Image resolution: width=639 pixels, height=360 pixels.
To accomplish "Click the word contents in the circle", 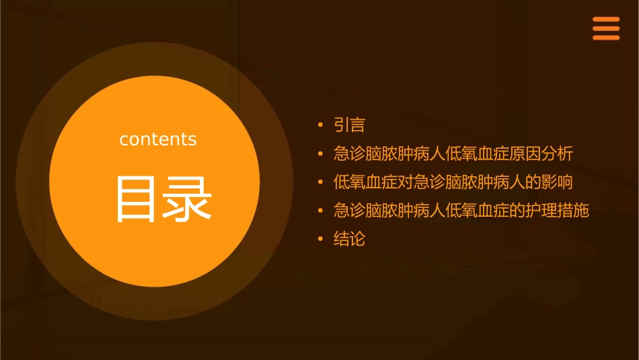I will coord(158,139).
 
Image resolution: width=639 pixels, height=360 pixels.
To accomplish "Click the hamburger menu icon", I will coord(605,28).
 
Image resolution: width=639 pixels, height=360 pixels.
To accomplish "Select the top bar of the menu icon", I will coord(605,20).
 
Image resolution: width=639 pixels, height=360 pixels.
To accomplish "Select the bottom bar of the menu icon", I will coord(605,38).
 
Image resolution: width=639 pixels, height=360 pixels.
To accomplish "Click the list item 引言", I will coord(349,125).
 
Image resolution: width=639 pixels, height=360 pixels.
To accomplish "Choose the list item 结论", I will coord(349,239).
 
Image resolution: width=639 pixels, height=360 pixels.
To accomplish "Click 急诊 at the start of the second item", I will coord(349,153).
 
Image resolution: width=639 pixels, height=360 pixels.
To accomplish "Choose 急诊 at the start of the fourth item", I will coord(349,211).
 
